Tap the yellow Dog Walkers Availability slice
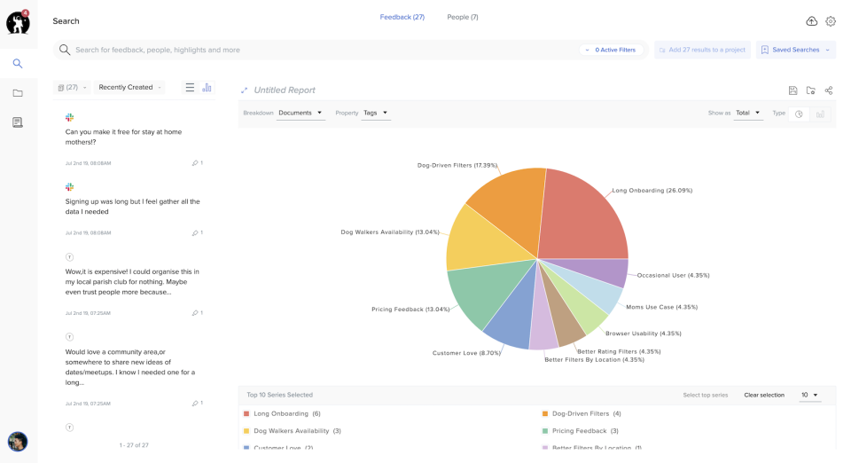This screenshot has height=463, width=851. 477,239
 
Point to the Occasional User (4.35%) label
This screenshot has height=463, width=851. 673,275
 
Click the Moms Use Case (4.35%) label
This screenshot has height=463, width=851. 661,307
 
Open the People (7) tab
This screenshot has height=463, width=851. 463,17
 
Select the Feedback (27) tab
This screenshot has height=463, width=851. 402,17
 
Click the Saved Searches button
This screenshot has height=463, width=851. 795,50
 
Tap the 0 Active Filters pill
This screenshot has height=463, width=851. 612,50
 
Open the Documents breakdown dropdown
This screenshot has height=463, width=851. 301,113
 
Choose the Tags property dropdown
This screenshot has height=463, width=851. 376,113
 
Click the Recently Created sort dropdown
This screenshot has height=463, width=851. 130,87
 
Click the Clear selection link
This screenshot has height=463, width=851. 763,395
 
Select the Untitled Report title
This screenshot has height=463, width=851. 285,90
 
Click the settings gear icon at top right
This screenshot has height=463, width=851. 831,21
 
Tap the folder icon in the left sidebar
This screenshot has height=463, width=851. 18,93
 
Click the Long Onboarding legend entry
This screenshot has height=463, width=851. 281,413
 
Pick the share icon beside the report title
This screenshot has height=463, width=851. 829,90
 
